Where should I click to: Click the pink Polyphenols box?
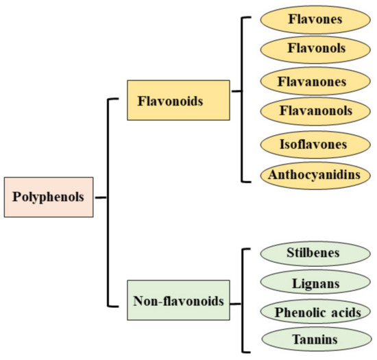coord(47,197)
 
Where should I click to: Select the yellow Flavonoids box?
coord(178,100)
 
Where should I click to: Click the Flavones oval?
coord(312,20)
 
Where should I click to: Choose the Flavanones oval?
coord(312,82)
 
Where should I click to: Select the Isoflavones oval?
coord(312,144)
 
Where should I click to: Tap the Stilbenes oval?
coord(312,253)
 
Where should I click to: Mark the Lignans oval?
coord(312,283)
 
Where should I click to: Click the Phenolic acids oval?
coord(312,312)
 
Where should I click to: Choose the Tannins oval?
coord(312,339)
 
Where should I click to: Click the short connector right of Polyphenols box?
coord(101,197)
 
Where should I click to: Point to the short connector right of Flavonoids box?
coord(236,91)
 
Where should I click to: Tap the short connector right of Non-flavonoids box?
coord(236,302)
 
